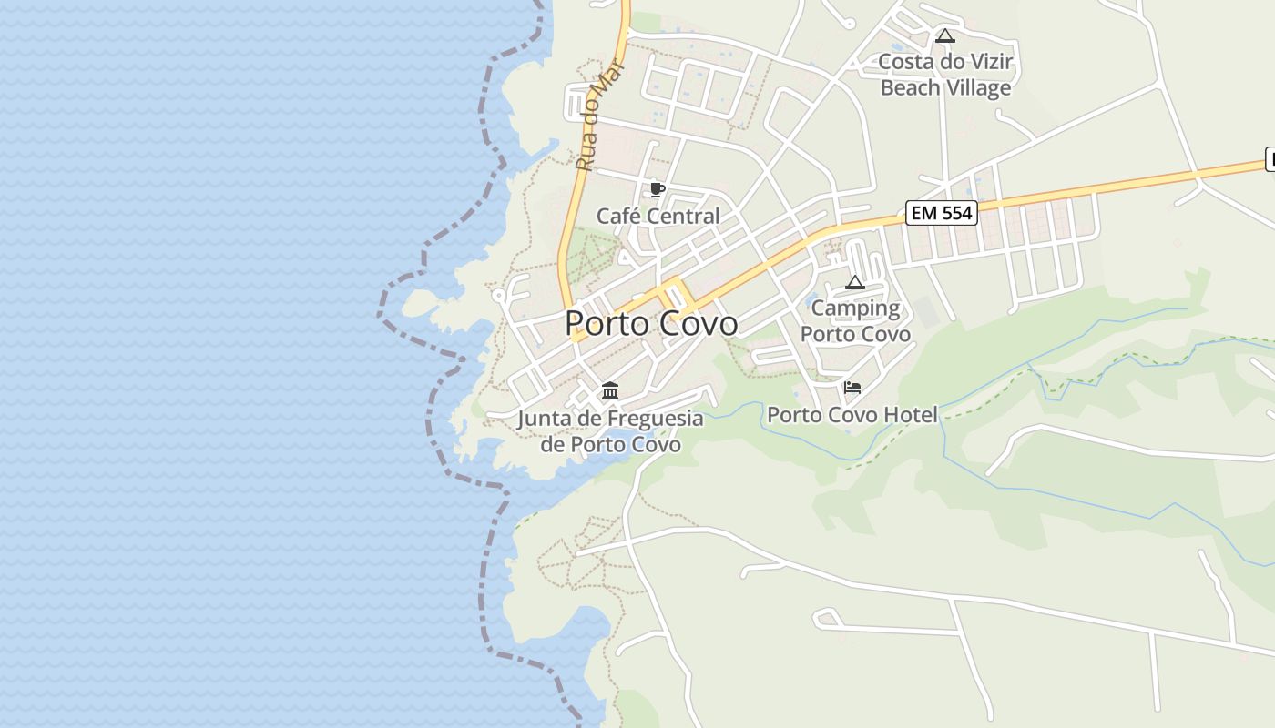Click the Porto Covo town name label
[x=651, y=323]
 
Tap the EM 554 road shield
[x=942, y=213]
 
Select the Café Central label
[x=658, y=217]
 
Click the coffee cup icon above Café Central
[x=657, y=190]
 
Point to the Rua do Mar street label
[x=597, y=116]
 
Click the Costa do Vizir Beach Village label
[x=945, y=76]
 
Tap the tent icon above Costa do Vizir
[x=945, y=36]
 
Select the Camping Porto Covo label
[x=855, y=321]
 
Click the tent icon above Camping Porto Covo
[x=854, y=282]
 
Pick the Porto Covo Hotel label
[x=852, y=415]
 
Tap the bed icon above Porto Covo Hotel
[x=852, y=388]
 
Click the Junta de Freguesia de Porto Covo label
[x=610, y=431]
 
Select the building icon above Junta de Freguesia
[x=610, y=391]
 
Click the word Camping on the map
[x=855, y=308]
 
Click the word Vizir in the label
[x=988, y=63]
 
